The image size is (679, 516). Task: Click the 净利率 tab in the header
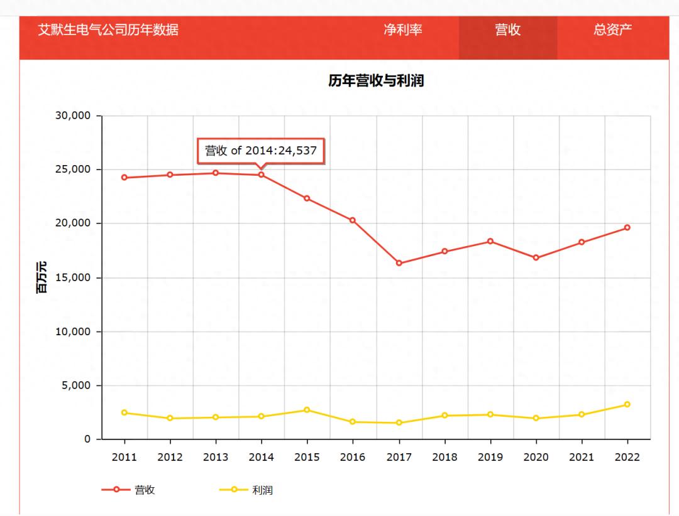tap(403, 30)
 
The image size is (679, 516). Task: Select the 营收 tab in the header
tap(507, 30)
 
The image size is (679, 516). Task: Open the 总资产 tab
tap(612, 30)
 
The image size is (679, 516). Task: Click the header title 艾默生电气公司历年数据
tap(108, 30)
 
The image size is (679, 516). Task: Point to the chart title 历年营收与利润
tap(375, 80)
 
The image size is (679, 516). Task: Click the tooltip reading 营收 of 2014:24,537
tap(260, 151)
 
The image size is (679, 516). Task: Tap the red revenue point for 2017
tap(399, 263)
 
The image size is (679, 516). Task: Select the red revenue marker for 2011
tap(124, 178)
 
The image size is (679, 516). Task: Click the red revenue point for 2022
tap(627, 227)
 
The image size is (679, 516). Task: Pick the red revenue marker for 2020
tap(536, 258)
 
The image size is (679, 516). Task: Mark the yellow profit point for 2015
tap(307, 410)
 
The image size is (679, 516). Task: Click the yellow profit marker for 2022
tap(627, 404)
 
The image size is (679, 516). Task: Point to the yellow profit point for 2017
tap(399, 423)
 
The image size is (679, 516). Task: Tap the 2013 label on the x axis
tap(216, 457)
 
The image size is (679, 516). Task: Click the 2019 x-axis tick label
tap(490, 457)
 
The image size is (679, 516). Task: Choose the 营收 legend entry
tap(129, 490)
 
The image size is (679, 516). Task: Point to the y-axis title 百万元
tap(41, 277)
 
